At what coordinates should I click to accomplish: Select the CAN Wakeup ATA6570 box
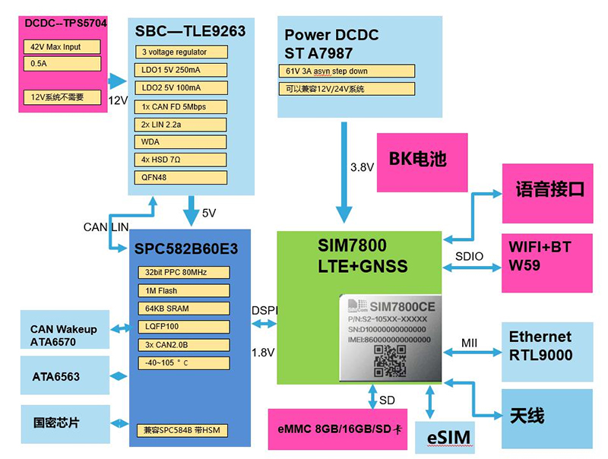[x=64, y=335]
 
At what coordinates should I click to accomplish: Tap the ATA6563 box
[x=64, y=376]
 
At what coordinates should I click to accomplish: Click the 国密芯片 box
[x=64, y=423]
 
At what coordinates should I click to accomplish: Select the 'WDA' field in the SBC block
[x=182, y=142]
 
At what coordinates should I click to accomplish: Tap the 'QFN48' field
[x=182, y=178]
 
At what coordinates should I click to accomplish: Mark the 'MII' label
[x=470, y=343]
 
